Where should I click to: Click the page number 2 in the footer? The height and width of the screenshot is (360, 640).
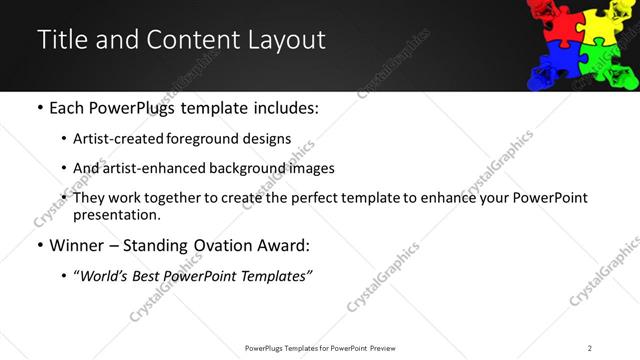click(589, 347)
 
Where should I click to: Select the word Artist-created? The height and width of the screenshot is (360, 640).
click(111, 139)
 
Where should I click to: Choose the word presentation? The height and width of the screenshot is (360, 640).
click(115, 214)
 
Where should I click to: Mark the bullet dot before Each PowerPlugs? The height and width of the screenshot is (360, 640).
click(40, 107)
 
